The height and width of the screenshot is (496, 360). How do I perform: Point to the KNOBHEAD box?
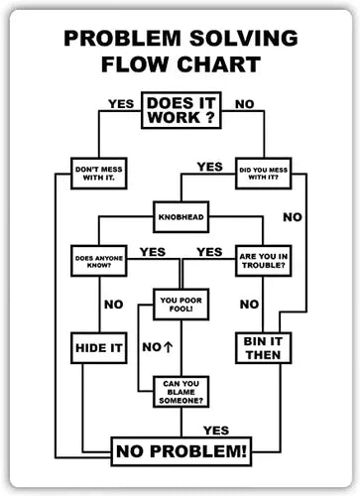[x=180, y=214]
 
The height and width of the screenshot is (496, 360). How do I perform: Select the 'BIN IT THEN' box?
[x=263, y=347]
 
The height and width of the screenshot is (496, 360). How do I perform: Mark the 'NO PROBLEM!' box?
[x=180, y=452]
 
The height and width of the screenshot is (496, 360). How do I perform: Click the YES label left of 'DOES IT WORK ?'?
[x=121, y=102]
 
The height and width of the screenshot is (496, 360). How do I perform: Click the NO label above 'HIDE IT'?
[x=114, y=304]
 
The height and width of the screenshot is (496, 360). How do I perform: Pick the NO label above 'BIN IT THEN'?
[x=250, y=304]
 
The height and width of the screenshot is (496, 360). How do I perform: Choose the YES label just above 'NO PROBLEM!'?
[x=216, y=430]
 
